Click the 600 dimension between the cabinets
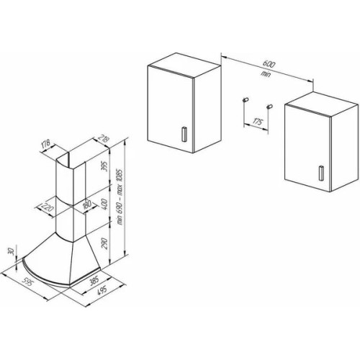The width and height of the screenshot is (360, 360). [x=269, y=64]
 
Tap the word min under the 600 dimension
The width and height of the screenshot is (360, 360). [x=266, y=74]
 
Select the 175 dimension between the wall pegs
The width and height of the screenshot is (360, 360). [x=257, y=122]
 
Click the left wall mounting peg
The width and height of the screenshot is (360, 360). [x=246, y=99]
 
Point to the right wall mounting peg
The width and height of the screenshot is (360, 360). [x=269, y=107]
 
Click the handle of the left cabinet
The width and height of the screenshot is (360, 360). [x=184, y=134]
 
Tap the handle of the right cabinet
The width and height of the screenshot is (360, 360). [x=321, y=173]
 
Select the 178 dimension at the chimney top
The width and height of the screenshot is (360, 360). [x=45, y=144]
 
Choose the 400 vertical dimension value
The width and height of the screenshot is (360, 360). [x=104, y=204]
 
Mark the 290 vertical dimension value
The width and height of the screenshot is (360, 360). [x=104, y=243]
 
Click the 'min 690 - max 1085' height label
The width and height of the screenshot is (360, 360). [x=120, y=197]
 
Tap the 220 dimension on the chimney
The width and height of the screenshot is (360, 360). [x=48, y=207]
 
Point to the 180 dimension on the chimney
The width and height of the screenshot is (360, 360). [x=87, y=204]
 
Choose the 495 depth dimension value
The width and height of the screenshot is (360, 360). [x=102, y=291]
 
